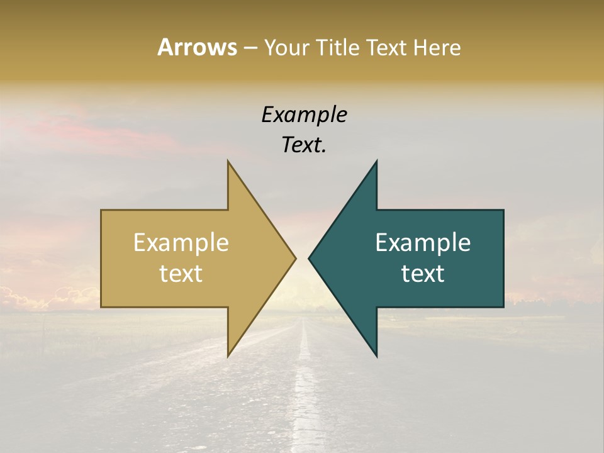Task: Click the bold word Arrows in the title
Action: pyautogui.click(x=197, y=47)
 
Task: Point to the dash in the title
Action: pyautogui.click(x=250, y=48)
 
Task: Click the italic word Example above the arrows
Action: pyautogui.click(x=305, y=115)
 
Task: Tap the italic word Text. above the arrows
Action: pyautogui.click(x=305, y=145)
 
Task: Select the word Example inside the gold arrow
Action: pyautogui.click(x=181, y=242)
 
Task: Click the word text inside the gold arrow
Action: pyautogui.click(x=181, y=274)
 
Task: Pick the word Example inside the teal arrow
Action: pyautogui.click(x=423, y=242)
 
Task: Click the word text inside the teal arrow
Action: pyautogui.click(x=423, y=274)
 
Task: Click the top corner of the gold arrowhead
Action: pyautogui.click(x=228, y=162)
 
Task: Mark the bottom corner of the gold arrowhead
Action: pyautogui.click(x=228, y=355)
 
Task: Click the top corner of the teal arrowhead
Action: pyautogui.click(x=376, y=162)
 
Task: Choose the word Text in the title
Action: pyautogui.click(x=386, y=48)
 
